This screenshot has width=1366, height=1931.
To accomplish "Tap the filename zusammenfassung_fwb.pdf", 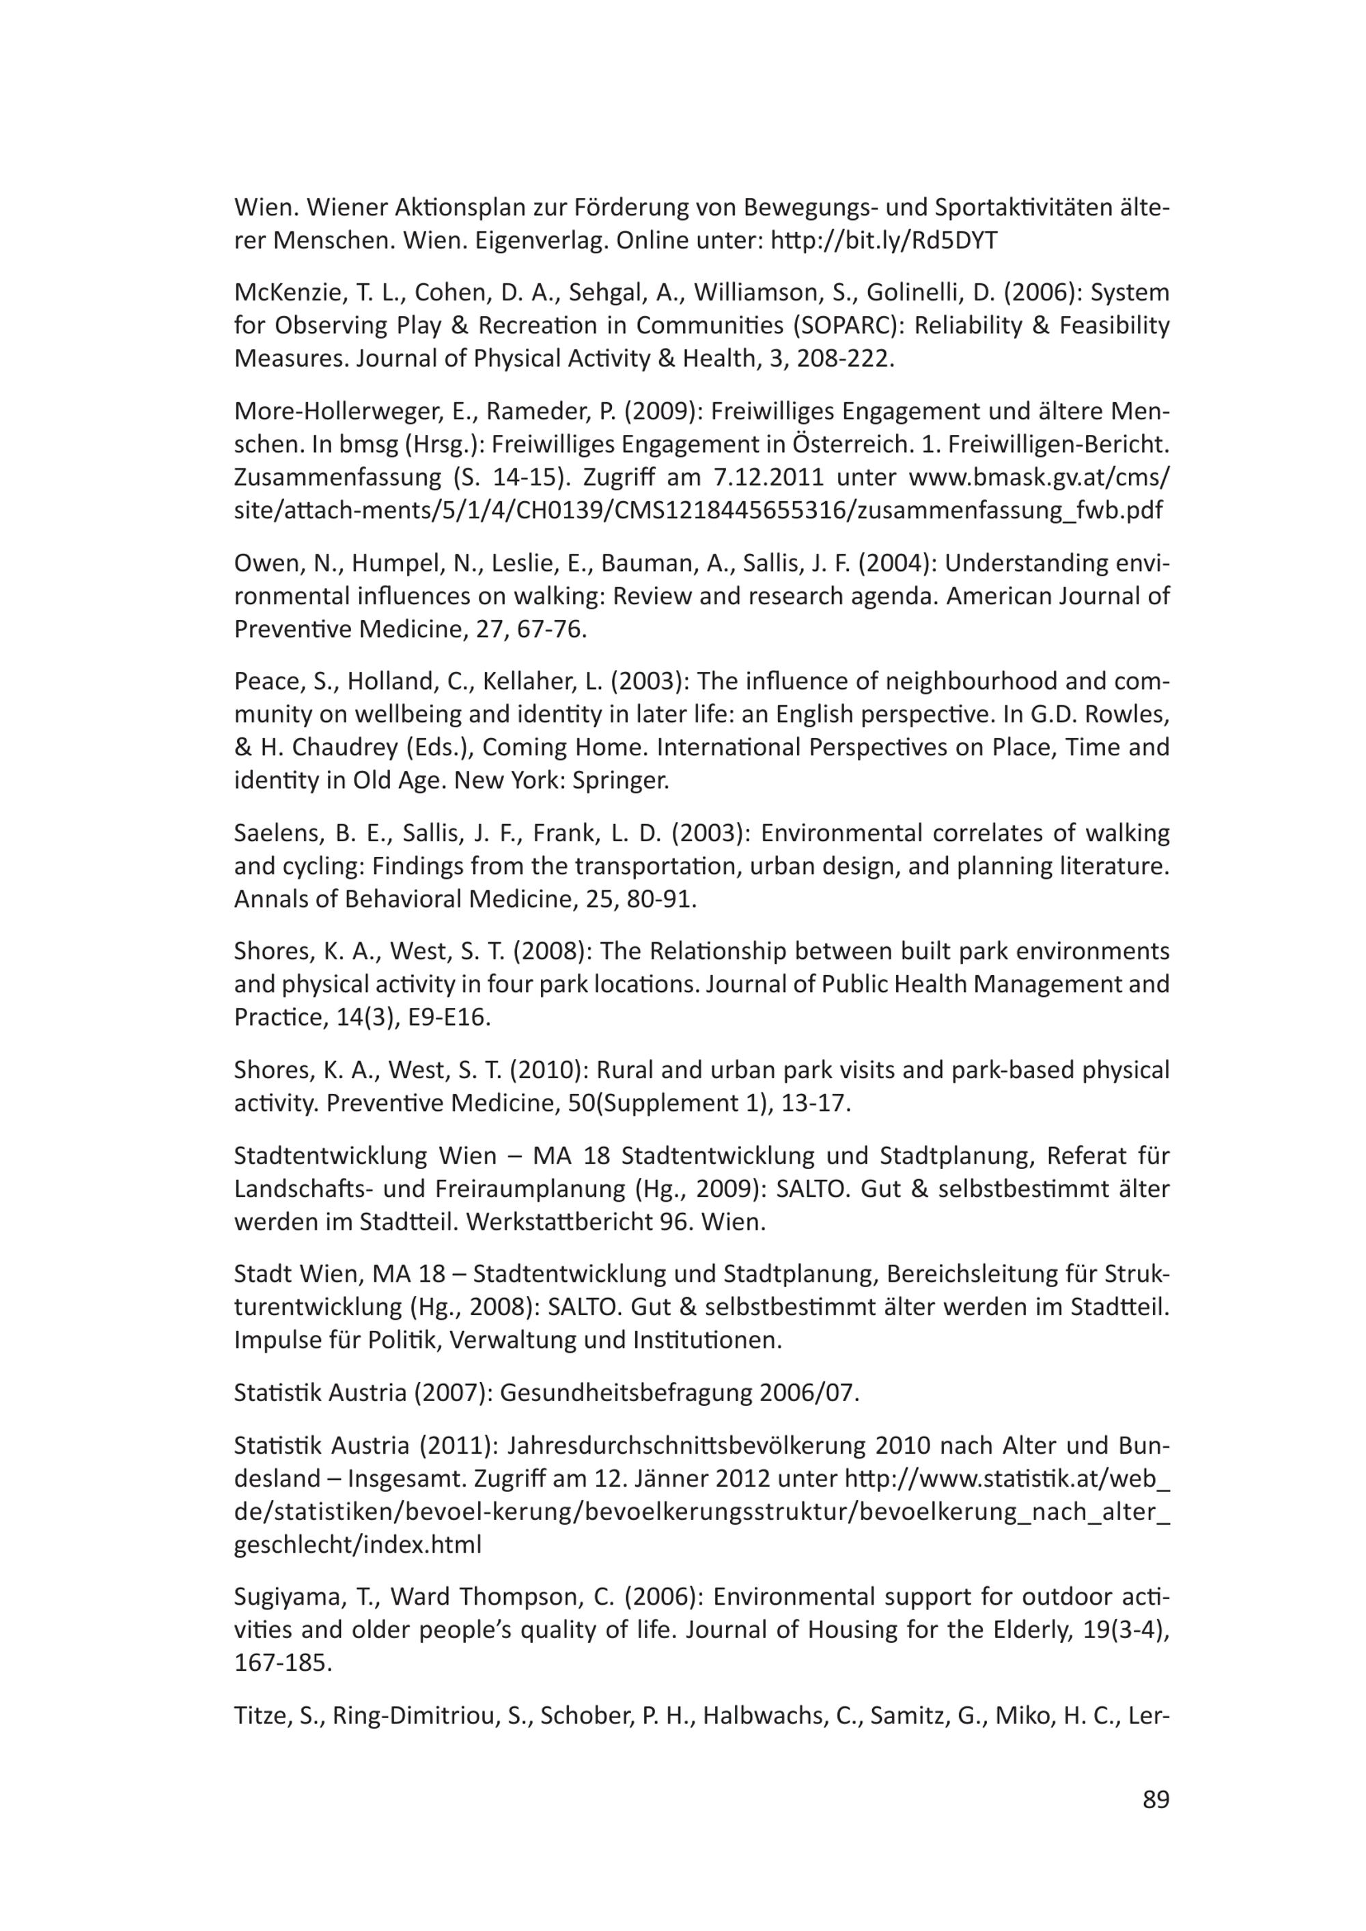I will point(1009,511).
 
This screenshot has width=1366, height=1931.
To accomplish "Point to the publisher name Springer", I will point(620,781).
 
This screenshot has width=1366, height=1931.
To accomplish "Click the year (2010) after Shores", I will point(557,1070).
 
